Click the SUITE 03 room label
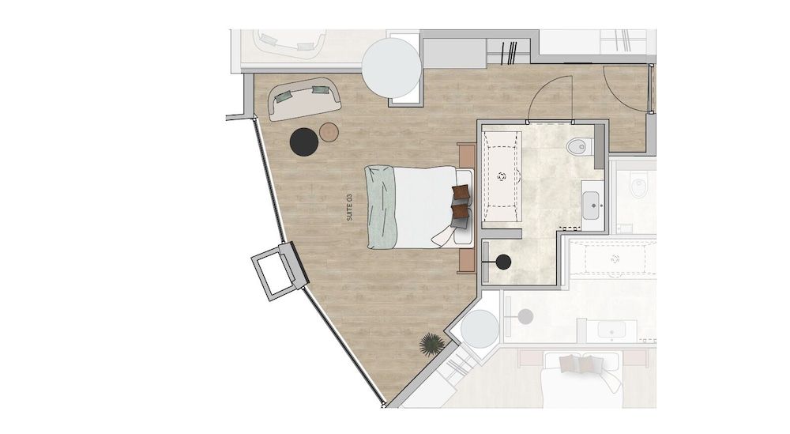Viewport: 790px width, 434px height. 349,207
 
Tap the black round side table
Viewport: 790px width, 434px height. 304,142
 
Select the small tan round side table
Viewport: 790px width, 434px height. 329,132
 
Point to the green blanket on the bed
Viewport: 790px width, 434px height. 382,208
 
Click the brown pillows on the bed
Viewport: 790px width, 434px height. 461,201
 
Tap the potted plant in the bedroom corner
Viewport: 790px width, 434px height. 432,345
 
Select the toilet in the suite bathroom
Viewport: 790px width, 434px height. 577,147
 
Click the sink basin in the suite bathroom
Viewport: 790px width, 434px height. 591,206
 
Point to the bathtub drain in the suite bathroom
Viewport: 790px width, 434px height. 502,176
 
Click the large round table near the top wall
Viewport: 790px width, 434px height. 392,68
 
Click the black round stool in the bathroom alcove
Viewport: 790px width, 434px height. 503,262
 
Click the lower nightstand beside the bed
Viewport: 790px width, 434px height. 467,261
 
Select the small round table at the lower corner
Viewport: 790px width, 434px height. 480,329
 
